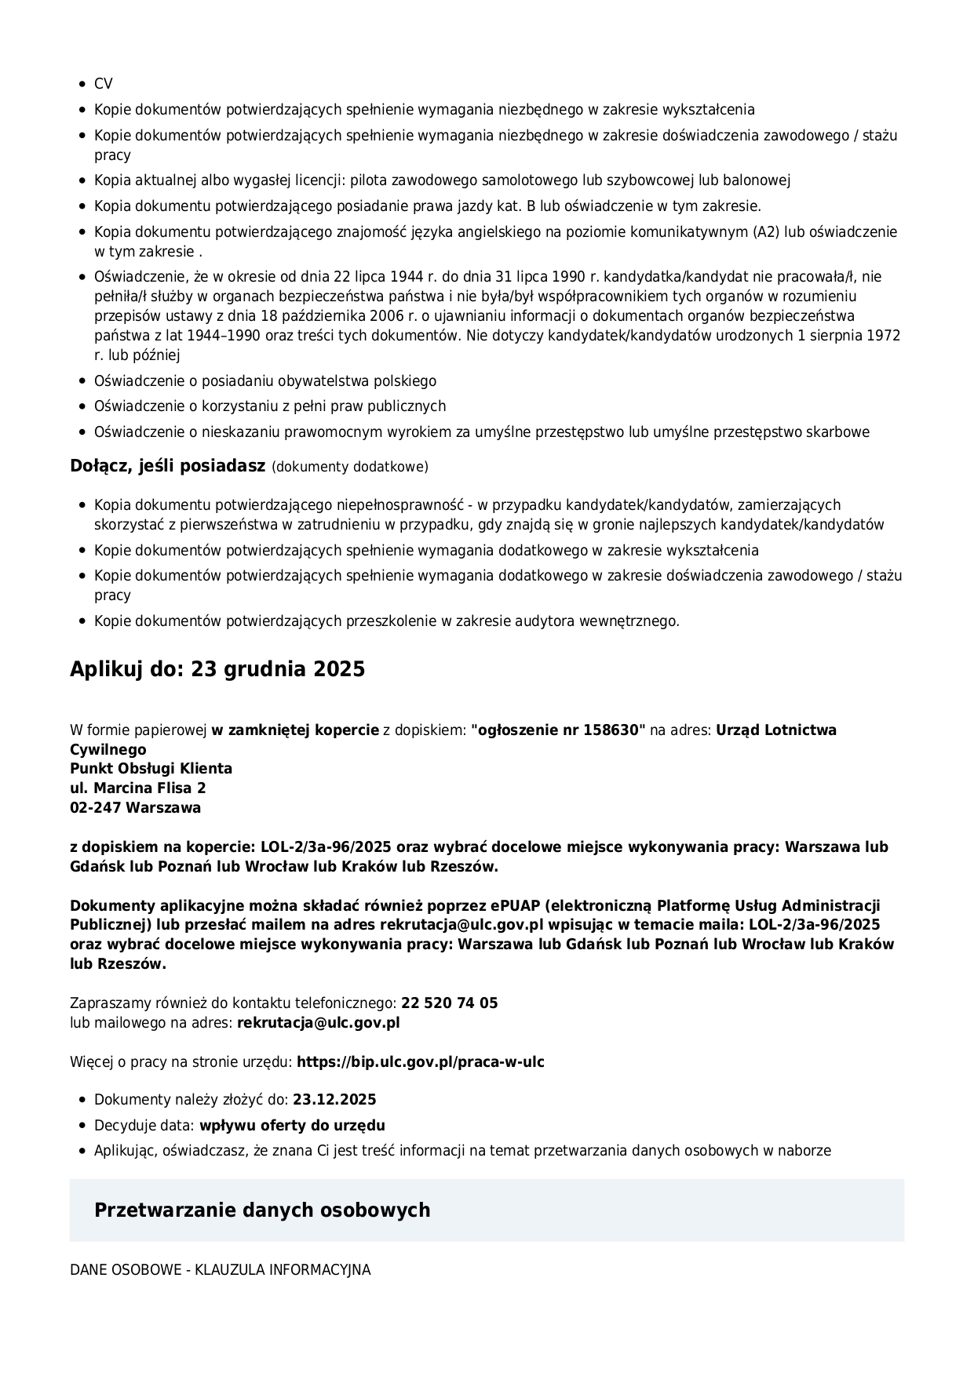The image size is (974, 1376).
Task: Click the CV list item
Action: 103,84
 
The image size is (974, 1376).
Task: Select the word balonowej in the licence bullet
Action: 757,180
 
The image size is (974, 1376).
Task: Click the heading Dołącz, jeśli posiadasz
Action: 167,466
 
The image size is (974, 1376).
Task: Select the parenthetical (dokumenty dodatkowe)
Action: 350,468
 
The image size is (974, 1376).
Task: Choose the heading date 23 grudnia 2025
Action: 278,669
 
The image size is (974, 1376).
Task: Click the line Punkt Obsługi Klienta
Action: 151,769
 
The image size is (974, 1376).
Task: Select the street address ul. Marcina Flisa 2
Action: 138,788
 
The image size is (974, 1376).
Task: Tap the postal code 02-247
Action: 96,808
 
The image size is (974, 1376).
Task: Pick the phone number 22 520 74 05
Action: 449,1003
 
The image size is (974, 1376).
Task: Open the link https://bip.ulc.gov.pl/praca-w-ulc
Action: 420,1062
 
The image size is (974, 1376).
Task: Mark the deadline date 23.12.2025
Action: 334,1100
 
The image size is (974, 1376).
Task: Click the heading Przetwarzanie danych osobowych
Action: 262,1210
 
